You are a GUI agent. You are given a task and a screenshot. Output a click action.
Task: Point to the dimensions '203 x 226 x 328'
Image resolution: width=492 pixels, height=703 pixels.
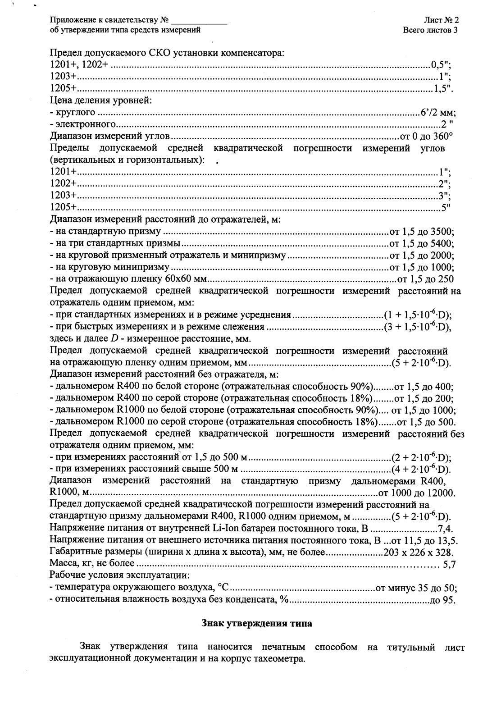(417, 552)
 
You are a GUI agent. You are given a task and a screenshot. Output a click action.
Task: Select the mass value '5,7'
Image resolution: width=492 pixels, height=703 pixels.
(449, 564)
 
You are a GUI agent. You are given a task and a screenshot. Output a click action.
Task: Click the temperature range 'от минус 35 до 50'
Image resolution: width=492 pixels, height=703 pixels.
(415, 588)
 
